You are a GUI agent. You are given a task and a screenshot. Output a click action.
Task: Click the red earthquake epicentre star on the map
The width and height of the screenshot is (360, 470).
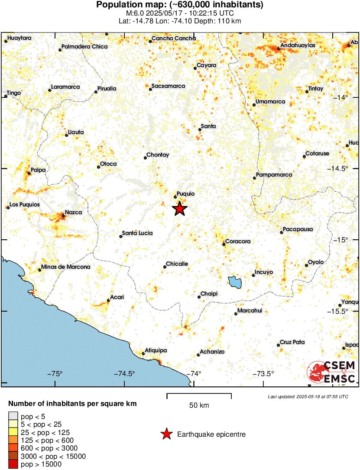point(180,209)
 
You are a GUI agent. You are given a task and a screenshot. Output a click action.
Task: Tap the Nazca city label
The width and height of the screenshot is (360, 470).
point(73,212)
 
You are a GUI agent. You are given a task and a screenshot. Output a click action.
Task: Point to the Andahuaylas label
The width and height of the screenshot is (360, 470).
point(298,45)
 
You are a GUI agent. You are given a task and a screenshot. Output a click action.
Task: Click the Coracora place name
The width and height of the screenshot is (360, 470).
point(238,241)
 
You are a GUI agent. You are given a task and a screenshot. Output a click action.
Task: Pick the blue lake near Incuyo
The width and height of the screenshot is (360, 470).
point(234,282)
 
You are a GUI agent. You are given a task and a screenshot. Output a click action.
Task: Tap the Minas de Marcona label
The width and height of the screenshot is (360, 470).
point(65,267)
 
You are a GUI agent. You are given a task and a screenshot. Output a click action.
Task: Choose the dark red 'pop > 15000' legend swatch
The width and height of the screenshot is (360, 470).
point(13,464)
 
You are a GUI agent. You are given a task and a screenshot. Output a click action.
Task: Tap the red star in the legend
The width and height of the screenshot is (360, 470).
point(165,434)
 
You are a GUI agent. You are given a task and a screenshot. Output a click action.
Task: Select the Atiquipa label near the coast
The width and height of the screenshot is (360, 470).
point(156,350)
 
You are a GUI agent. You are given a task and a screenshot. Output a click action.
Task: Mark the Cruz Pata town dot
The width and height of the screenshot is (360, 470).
point(279,345)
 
